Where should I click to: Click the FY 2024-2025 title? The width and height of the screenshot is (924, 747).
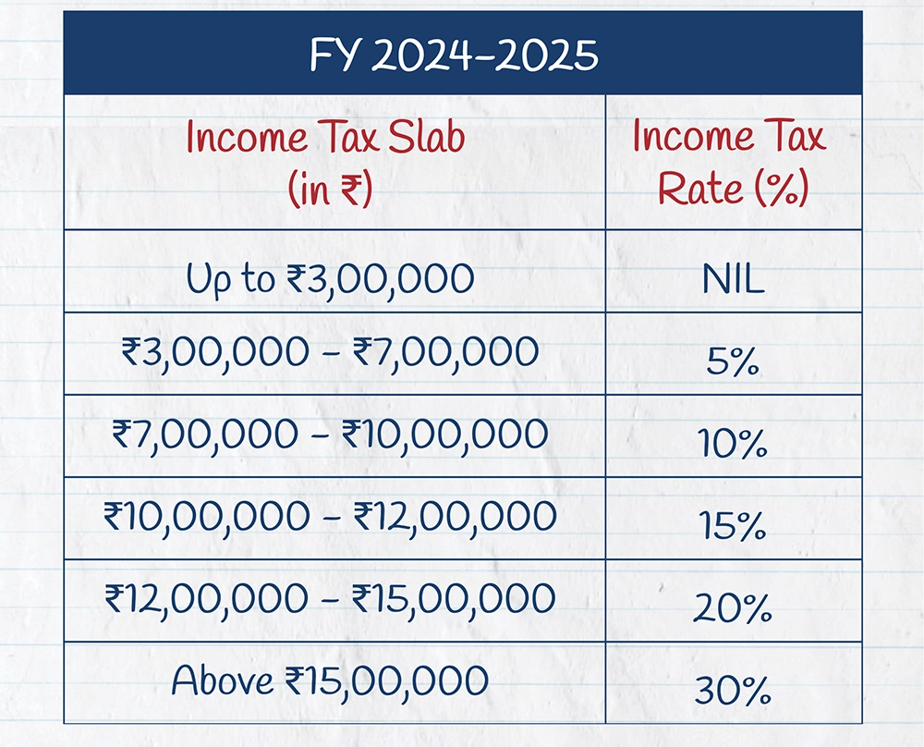pos(454,55)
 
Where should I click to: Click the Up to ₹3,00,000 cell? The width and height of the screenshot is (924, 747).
pos(330,278)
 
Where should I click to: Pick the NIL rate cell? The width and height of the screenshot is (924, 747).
pos(733,280)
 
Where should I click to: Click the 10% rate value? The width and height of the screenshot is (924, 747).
pos(734,447)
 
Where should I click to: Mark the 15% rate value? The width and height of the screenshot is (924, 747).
pos(734,528)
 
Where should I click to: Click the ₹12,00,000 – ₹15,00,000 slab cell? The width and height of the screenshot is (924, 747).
pos(330,598)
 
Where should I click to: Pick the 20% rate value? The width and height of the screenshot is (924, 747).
pos(734,609)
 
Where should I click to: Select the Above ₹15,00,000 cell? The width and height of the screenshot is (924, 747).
pos(330,680)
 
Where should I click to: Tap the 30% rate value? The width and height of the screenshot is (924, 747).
pos(734,691)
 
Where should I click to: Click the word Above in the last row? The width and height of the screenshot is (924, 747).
pos(223,680)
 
